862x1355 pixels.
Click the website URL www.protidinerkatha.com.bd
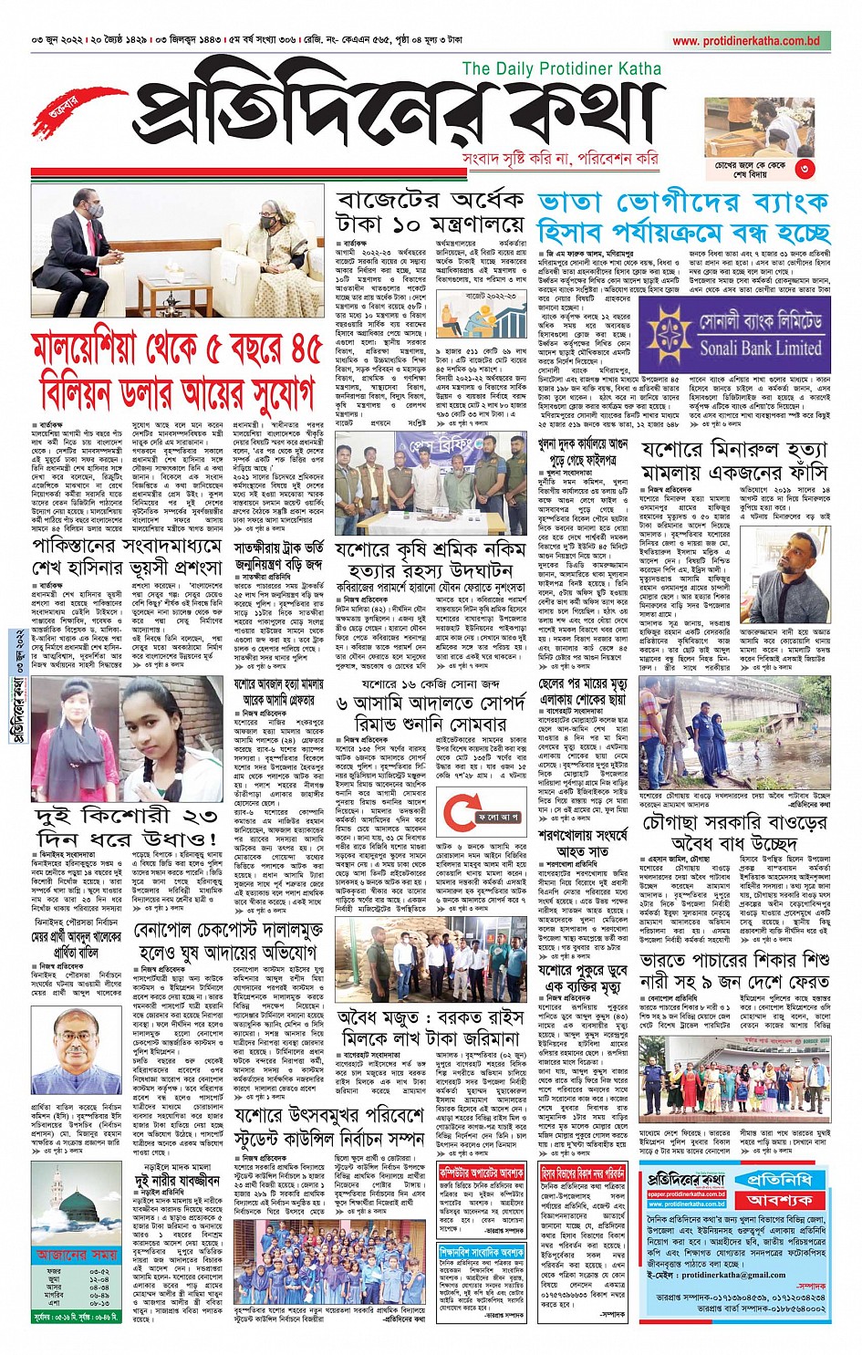pyautogui.click(x=746, y=41)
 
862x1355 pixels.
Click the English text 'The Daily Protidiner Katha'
pyautogui.click(x=561, y=68)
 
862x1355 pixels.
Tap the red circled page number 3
pyautogui.click(x=804, y=168)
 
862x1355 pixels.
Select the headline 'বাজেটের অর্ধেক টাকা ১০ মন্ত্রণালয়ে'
pyautogui.click(x=431, y=212)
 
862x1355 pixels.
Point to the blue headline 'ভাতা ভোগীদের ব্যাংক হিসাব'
pyautogui.click(x=684, y=217)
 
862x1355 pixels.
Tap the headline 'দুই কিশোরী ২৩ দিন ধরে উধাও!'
pyautogui.click(x=126, y=826)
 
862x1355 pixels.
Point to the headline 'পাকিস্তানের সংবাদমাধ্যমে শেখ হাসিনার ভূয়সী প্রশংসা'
pyautogui.click(x=128, y=557)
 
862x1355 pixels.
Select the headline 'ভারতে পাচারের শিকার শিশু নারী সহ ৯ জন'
pyautogui.click(x=734, y=971)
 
